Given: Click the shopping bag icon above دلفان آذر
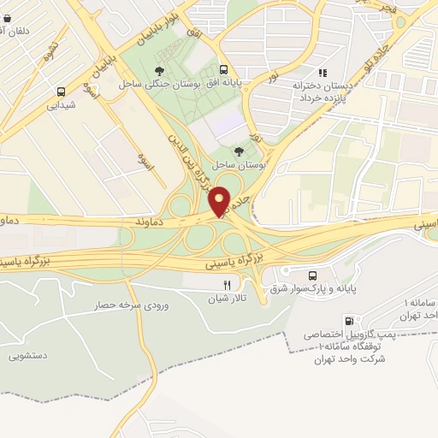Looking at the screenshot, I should pyautogui.click(x=7, y=15).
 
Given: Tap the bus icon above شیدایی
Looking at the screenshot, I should pyautogui.click(x=62, y=92).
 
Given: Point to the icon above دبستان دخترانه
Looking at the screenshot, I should pyautogui.click(x=323, y=73).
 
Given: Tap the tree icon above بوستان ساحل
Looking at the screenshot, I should pyautogui.click(x=238, y=151).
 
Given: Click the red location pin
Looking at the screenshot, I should pyautogui.click(x=220, y=202).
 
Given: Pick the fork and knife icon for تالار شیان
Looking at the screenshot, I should pyautogui.click(x=227, y=286).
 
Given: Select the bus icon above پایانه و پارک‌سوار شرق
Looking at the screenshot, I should pyautogui.click(x=312, y=275).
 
